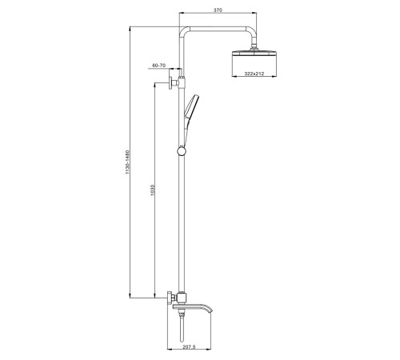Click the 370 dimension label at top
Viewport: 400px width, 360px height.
(218, 10)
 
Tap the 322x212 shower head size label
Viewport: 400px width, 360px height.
(254, 74)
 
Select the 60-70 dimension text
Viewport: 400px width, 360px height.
(158, 65)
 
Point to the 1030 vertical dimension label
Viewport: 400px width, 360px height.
(153, 190)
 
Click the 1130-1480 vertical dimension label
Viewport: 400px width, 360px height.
(127, 162)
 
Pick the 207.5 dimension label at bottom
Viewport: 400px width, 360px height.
(189, 347)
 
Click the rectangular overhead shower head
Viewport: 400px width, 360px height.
(254, 53)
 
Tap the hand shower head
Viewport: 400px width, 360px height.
(191, 106)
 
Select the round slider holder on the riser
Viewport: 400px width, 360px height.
(182, 151)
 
